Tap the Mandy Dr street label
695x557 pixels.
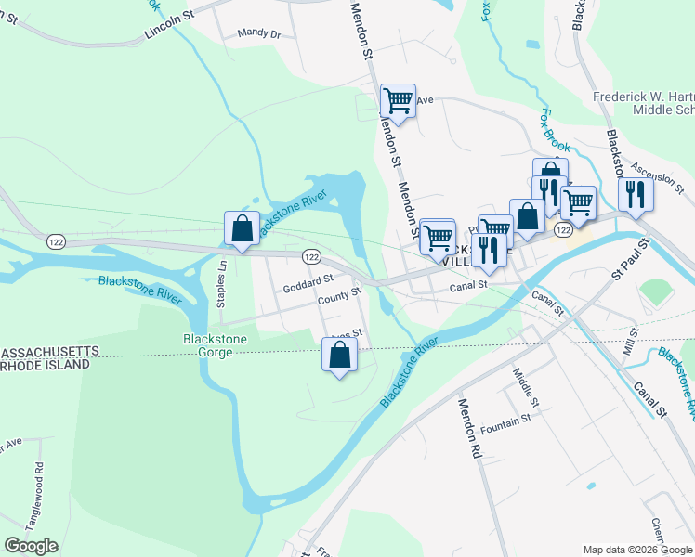pyautogui.click(x=258, y=33)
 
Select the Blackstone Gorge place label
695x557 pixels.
pyautogui.click(x=215, y=345)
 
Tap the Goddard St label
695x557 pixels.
pyautogui.click(x=308, y=279)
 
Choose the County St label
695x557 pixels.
pyautogui.click(x=338, y=296)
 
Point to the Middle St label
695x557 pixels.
pyautogui.click(x=525, y=387)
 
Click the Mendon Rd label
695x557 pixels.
pyautogui.click(x=468, y=429)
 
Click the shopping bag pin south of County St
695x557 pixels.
pyautogui.click(x=339, y=356)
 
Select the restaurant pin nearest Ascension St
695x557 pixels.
pyautogui.click(x=636, y=194)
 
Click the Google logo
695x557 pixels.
pyautogui.click(x=31, y=546)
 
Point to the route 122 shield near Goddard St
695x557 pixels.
pyautogui.click(x=311, y=256)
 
